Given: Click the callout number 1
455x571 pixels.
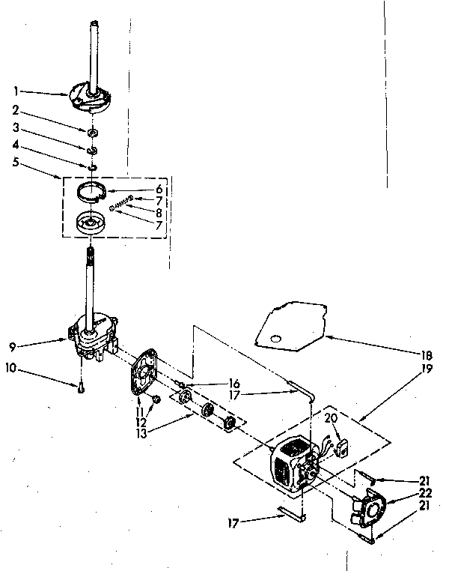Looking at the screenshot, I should click(x=15, y=91).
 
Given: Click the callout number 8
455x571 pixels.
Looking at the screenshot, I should click(x=159, y=211).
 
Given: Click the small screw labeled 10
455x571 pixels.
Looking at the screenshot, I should click(x=79, y=386).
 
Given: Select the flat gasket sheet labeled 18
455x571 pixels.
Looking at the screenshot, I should click(x=292, y=324).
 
